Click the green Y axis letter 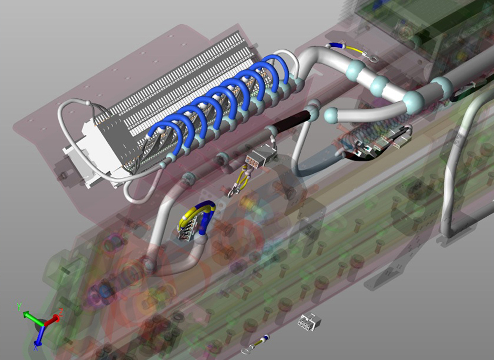[19, 307]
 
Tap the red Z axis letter [61, 312]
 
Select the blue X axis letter [36, 348]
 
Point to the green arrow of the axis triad [33, 318]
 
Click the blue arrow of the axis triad [39, 335]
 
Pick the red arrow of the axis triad [52, 321]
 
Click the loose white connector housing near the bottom [309, 321]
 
